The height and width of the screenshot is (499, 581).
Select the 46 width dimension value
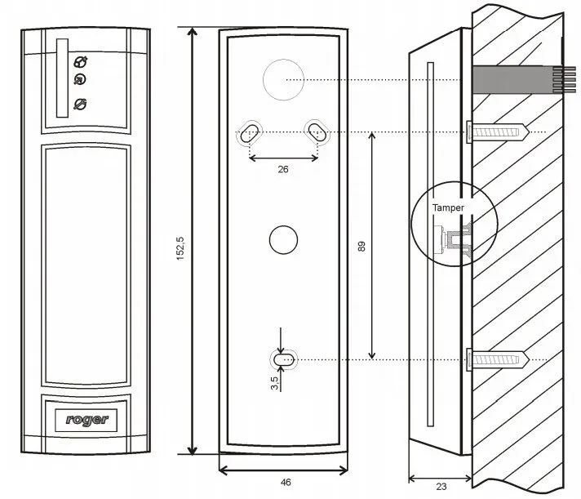click(x=286, y=483)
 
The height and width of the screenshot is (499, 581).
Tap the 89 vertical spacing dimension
click(x=361, y=245)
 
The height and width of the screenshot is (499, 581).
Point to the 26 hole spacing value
click(x=282, y=170)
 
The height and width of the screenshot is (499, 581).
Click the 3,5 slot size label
click(x=275, y=381)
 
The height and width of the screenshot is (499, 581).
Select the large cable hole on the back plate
click(x=283, y=80)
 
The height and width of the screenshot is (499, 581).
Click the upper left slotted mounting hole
click(x=251, y=131)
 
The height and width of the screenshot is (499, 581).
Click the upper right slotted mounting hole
click(x=316, y=131)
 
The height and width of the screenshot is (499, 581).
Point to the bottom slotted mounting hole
click(x=283, y=359)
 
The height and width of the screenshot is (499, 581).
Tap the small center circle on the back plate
click(x=282, y=238)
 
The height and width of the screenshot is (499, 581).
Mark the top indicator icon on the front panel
click(x=81, y=62)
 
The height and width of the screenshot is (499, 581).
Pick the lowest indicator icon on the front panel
click(x=81, y=103)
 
